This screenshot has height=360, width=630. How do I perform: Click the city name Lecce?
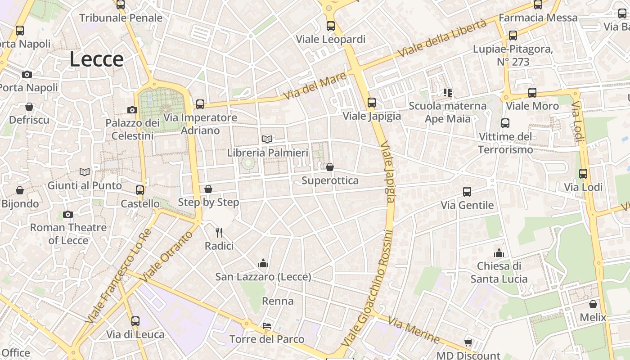click(96, 59)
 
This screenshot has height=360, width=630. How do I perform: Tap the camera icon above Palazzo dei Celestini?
click(132, 110)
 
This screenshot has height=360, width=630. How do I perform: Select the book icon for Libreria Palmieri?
click(267, 139)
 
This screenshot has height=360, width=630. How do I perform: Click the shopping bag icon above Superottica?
click(330, 167)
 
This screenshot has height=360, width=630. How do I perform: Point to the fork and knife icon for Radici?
click(219, 232)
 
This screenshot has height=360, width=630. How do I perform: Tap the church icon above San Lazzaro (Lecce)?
click(263, 263)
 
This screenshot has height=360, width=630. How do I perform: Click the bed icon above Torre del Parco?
click(267, 325)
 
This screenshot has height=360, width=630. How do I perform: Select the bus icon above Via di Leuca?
click(135, 321)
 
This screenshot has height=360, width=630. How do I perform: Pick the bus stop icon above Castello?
click(140, 190)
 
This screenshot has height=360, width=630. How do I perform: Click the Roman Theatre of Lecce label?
click(68, 234)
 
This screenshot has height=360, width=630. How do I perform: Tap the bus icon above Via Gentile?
click(467, 192)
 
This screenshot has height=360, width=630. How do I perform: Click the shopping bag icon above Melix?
click(593, 304)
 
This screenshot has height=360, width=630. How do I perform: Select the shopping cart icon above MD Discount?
click(468, 342)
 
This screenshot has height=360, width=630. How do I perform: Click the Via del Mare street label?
click(315, 86)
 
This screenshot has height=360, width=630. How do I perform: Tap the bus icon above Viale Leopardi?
click(331, 26)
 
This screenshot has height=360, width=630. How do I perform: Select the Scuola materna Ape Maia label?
click(447, 112)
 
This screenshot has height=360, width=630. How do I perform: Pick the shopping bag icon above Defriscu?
click(29, 107)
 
